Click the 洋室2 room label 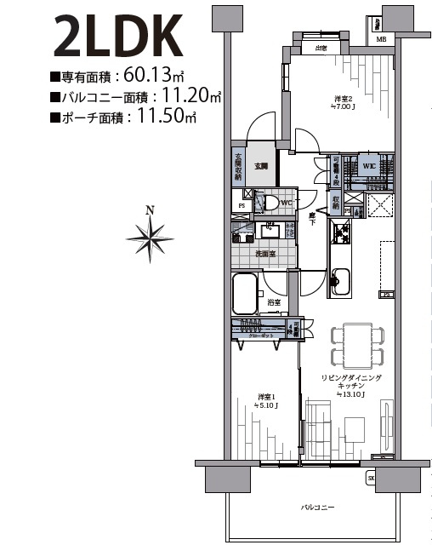[343, 101]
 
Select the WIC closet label [369, 165]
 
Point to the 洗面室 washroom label [264, 254]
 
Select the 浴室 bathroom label [274, 303]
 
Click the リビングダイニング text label [351, 377]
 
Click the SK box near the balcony [371, 479]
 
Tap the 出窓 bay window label [321, 49]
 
